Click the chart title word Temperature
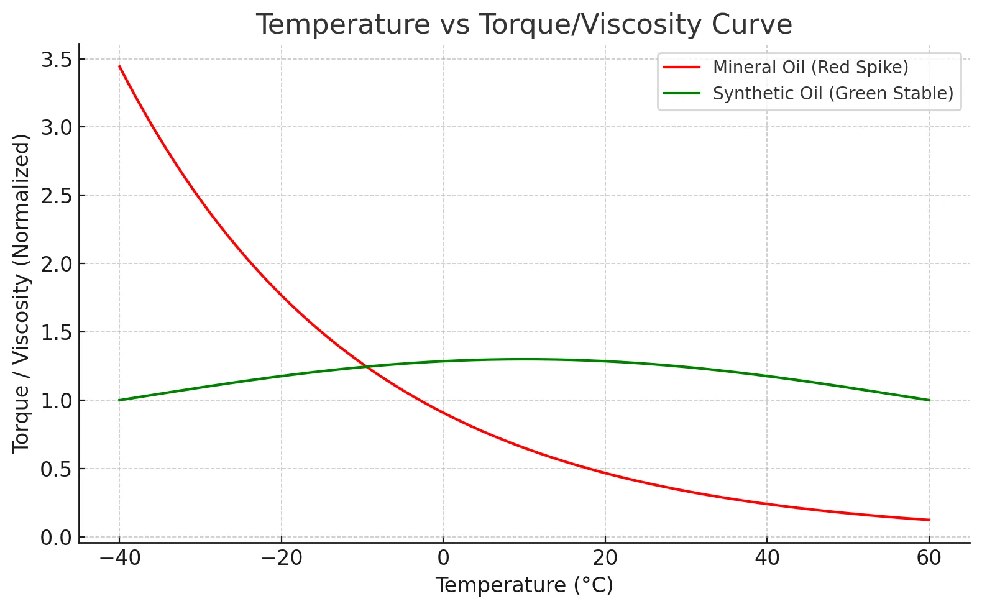[x=342, y=25]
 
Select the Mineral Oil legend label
[x=810, y=67]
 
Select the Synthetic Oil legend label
[x=832, y=93]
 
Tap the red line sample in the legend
[x=682, y=67]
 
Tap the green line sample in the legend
[x=682, y=93]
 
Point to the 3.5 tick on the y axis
[x=56, y=60]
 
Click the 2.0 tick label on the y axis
[x=56, y=264]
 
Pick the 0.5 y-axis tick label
[x=56, y=469]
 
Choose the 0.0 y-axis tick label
[x=56, y=538]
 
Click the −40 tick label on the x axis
[x=119, y=559]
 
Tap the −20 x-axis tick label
[x=282, y=559]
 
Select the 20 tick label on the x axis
[x=605, y=559]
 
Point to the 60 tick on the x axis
[x=929, y=559]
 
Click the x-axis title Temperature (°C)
[x=524, y=585]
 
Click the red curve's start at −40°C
[x=119, y=66]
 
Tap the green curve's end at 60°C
[x=929, y=400]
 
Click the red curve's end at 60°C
[x=929, y=520]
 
